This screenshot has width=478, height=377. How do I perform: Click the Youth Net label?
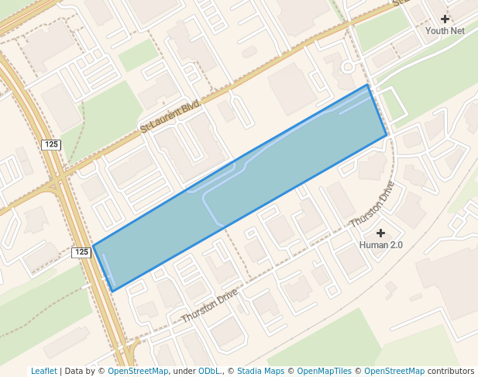[x=445, y=31]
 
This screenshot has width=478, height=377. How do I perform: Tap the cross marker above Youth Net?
[x=445, y=19]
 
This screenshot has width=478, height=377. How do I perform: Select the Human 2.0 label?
[x=380, y=245]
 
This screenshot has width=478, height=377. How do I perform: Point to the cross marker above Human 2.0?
[x=380, y=233]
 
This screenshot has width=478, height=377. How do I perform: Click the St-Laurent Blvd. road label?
[x=170, y=117]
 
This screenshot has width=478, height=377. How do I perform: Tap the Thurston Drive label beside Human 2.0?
[x=372, y=204]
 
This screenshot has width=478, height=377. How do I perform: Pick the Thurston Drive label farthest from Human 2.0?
[x=209, y=307]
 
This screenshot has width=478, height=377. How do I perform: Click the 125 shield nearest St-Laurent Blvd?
[x=51, y=144]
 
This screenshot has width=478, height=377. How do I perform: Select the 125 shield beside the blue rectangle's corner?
[x=82, y=252]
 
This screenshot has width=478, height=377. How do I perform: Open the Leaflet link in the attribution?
[x=43, y=371]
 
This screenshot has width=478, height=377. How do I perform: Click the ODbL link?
[x=209, y=371]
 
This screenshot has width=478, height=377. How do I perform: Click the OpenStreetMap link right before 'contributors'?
[x=394, y=371]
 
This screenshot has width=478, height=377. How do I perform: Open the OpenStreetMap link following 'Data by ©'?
[x=138, y=371]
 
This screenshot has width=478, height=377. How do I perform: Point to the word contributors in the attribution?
[x=450, y=371]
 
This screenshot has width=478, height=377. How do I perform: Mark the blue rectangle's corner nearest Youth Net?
[x=368, y=85]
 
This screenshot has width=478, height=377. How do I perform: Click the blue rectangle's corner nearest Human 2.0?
[x=387, y=136]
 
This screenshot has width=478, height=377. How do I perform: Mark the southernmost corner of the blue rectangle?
[x=113, y=291]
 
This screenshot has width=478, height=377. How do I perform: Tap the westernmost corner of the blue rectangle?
[x=93, y=246]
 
